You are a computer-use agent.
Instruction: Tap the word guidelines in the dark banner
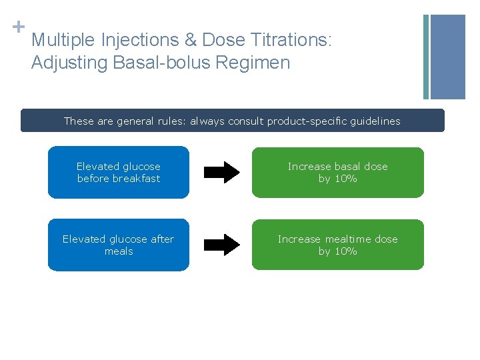click(377, 121)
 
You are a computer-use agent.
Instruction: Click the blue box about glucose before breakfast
click(119, 173)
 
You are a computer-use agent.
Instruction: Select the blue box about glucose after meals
click(119, 245)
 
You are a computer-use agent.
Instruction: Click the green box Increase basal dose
click(337, 173)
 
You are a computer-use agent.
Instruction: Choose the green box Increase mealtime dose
click(337, 245)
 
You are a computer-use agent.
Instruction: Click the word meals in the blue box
click(119, 251)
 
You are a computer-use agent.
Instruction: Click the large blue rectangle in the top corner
click(448, 57)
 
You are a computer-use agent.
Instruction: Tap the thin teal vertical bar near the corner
click(426, 57)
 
